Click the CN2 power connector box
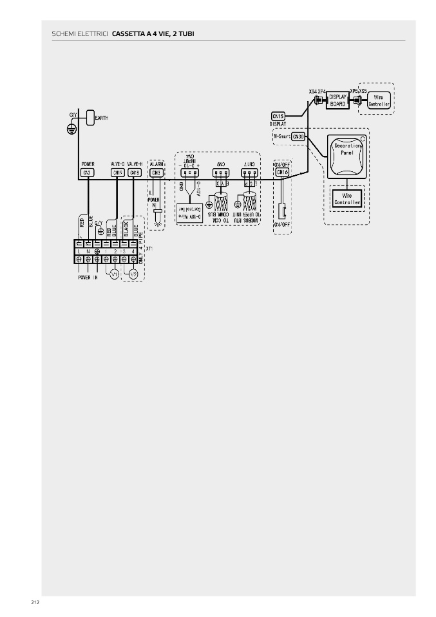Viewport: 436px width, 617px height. coord(88,173)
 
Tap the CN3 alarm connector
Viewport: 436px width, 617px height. coord(156,173)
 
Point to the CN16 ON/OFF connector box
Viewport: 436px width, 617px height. coord(282,172)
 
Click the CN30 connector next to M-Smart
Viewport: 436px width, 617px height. coord(298,137)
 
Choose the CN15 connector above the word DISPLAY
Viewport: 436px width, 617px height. coord(278,115)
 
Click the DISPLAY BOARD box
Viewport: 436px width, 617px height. coord(337,100)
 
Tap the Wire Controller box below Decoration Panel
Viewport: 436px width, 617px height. coord(347,198)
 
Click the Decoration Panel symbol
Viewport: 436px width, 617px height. coord(347,157)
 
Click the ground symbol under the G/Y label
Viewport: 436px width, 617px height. coord(73,129)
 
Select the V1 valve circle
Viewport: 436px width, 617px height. coord(115,275)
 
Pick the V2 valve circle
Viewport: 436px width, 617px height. coord(133,275)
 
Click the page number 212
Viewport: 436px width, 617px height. coord(35,602)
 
